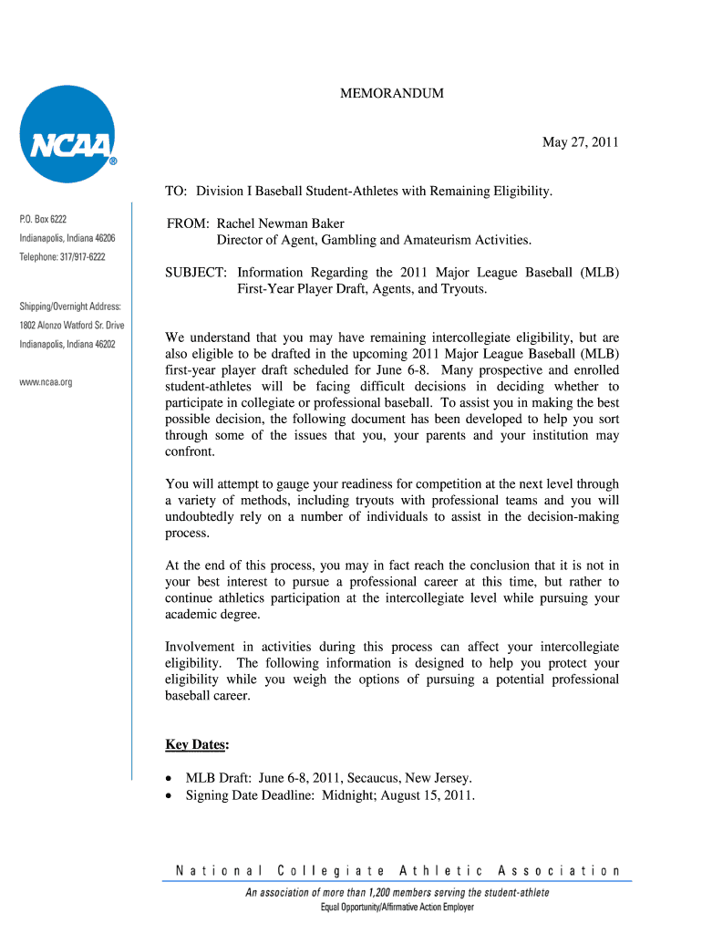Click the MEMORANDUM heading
click(x=392, y=94)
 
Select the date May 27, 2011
click(x=581, y=142)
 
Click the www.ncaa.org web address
click(x=46, y=382)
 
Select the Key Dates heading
click(x=197, y=744)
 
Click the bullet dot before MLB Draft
click(x=170, y=778)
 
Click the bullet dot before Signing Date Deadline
click(x=170, y=795)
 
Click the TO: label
click(x=176, y=191)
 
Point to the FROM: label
click(x=189, y=223)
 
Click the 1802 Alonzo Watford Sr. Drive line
click(x=72, y=325)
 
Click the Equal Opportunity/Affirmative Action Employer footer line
click(x=397, y=908)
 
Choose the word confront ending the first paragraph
click(x=189, y=451)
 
